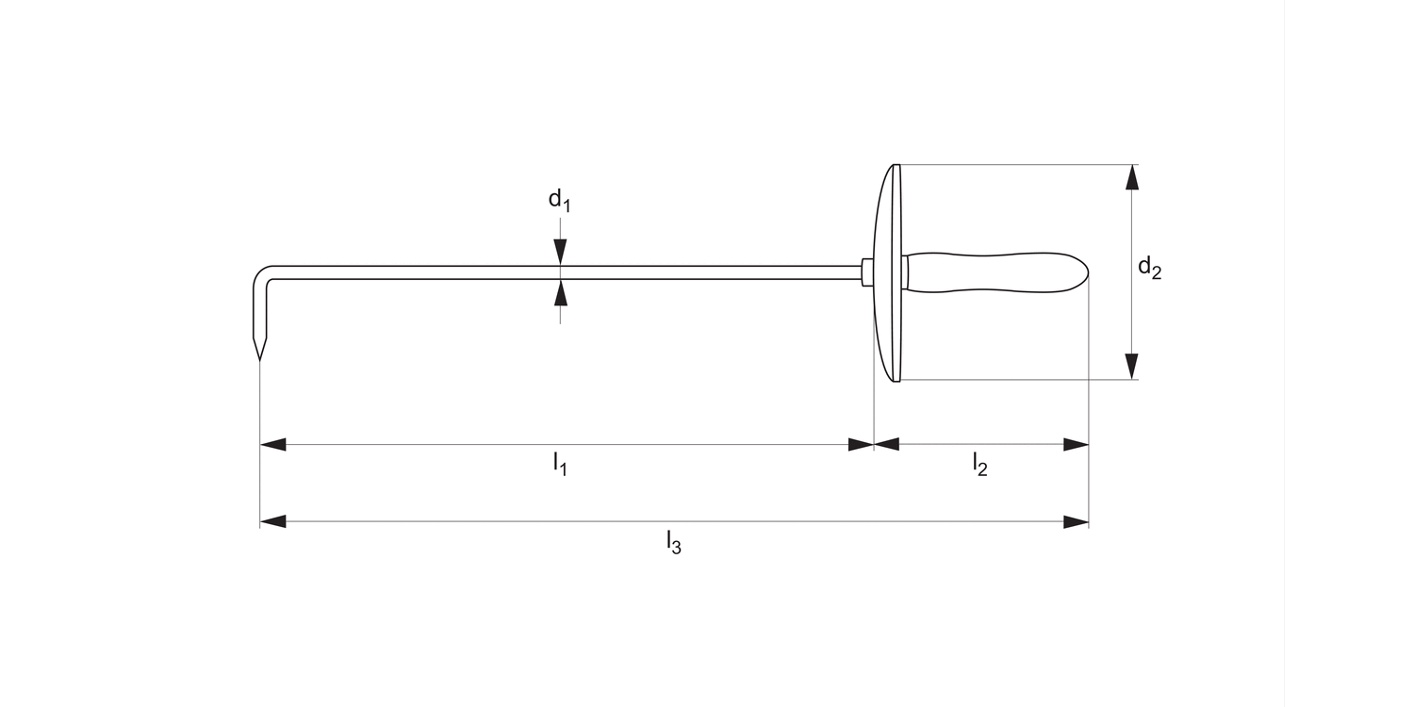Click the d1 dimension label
point(559,200)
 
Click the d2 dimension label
point(1149,268)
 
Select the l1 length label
point(560,463)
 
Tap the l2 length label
point(980,463)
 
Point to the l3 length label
point(673,542)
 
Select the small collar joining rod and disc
point(866,272)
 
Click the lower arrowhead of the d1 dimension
point(561,293)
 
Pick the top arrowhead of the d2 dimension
point(1132,177)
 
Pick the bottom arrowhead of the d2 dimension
point(1132,367)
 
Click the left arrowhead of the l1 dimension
point(272,444)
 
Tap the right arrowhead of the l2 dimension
point(1077,444)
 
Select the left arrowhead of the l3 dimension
point(272,521)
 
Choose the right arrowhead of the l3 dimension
point(1077,521)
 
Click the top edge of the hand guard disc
point(896,167)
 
